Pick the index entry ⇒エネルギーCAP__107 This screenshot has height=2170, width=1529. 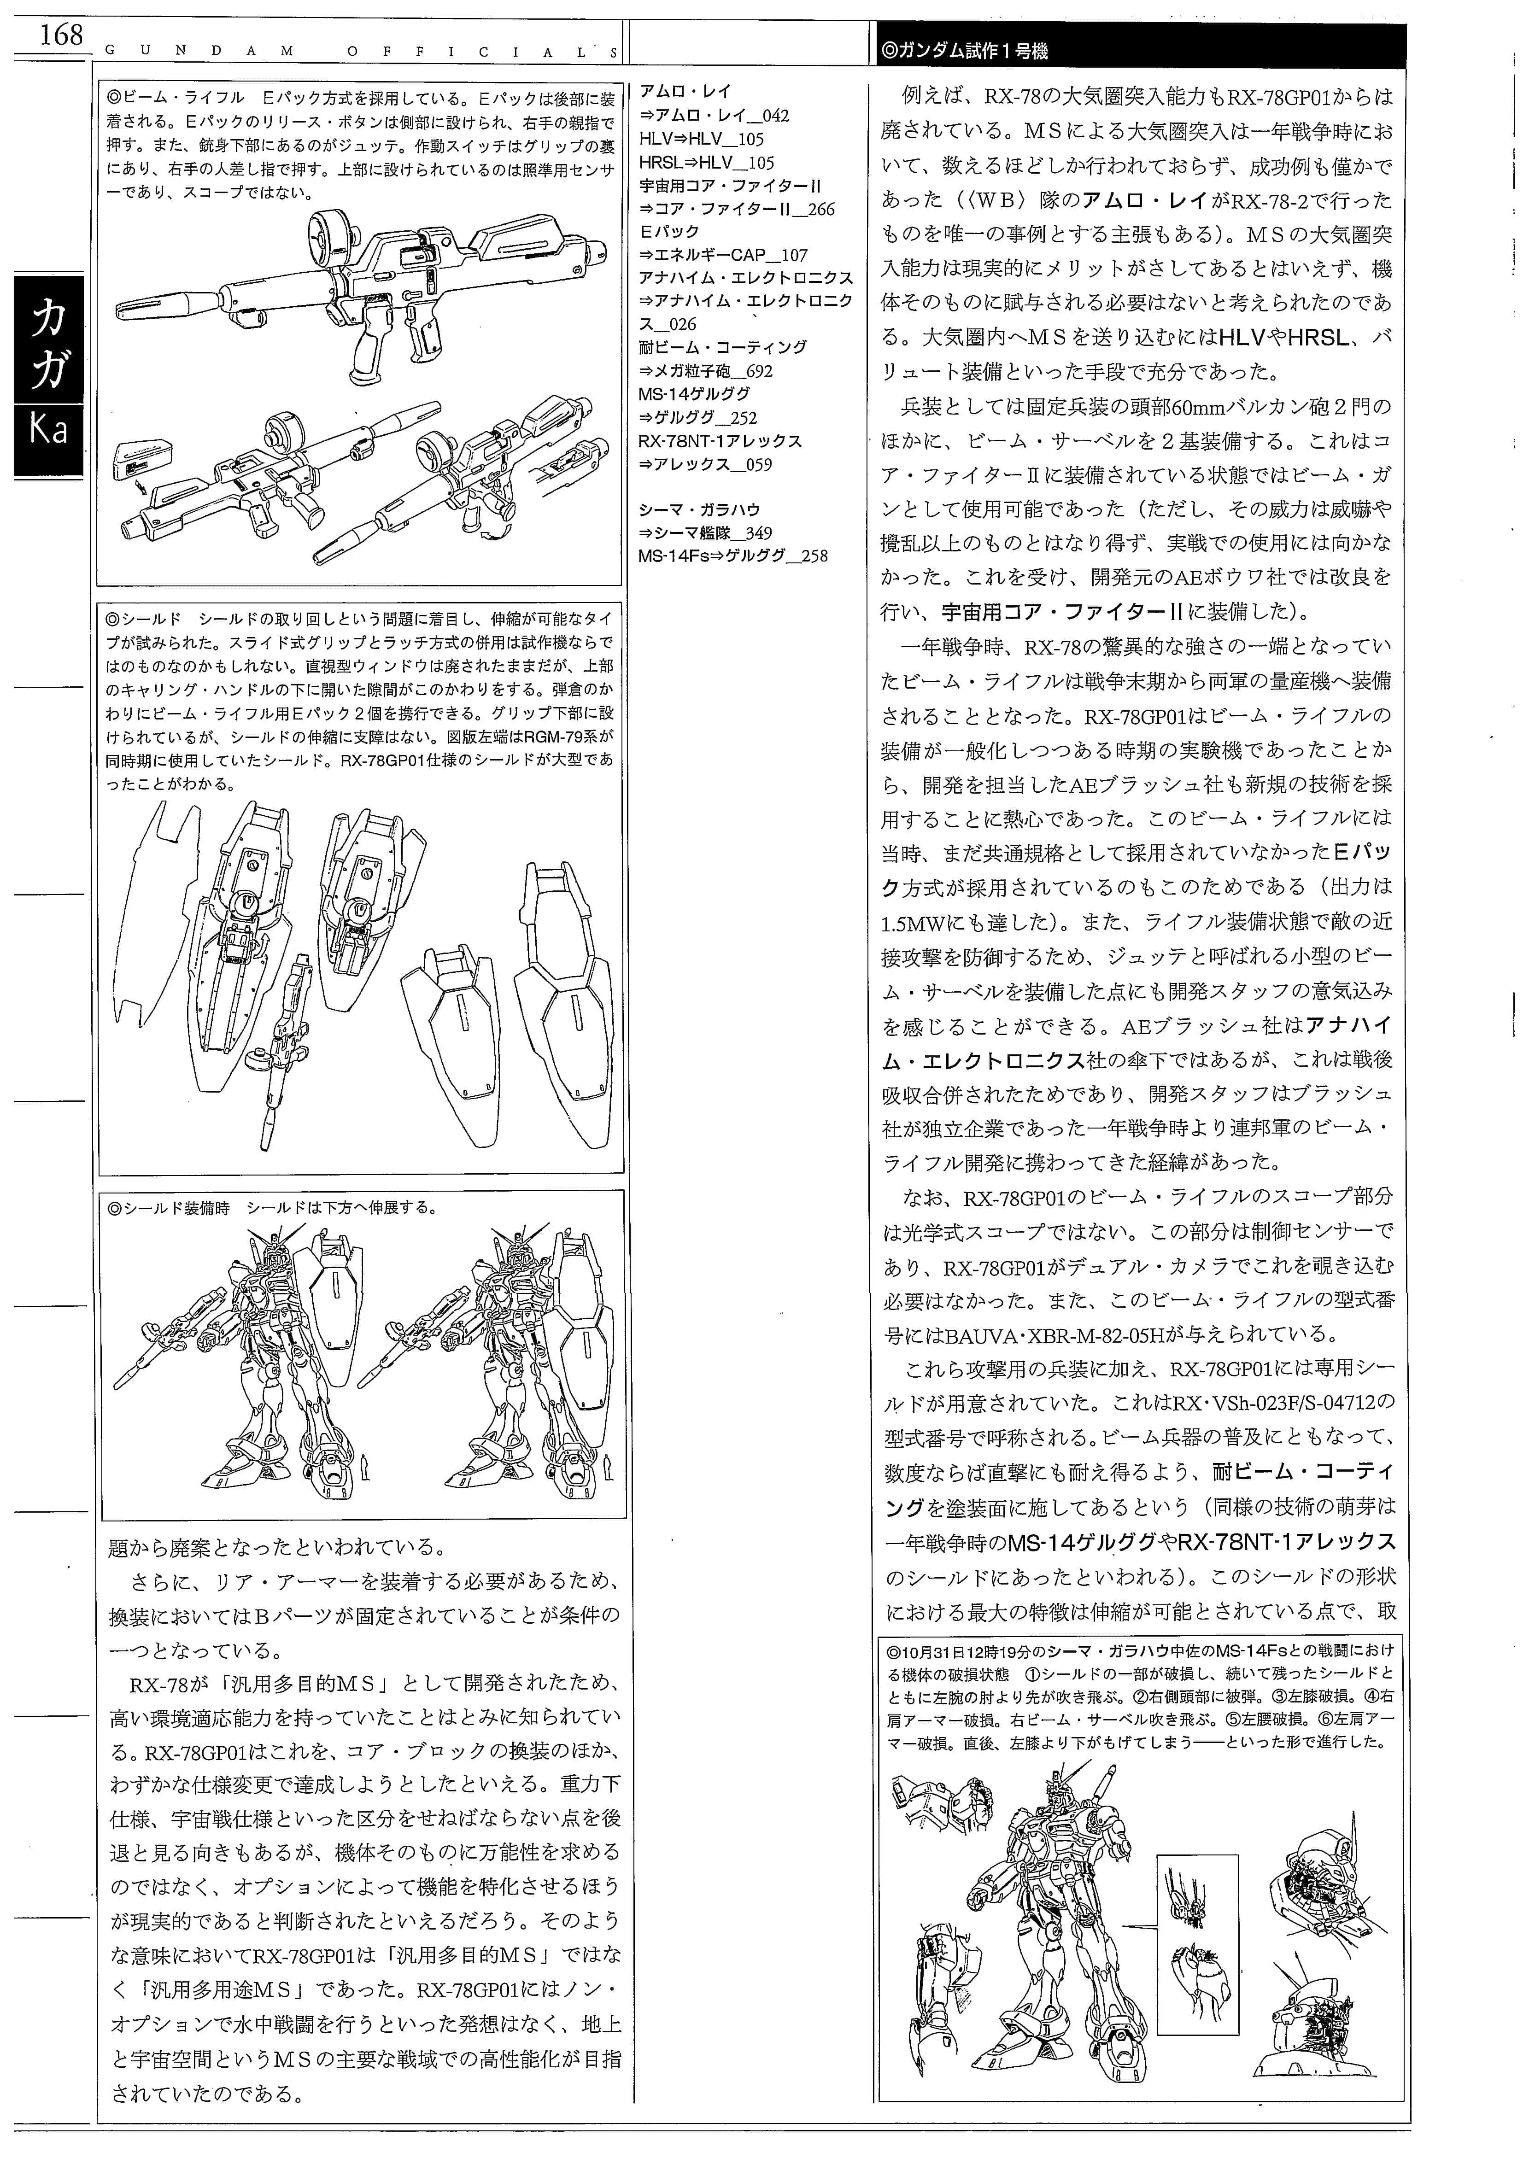(x=723, y=255)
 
